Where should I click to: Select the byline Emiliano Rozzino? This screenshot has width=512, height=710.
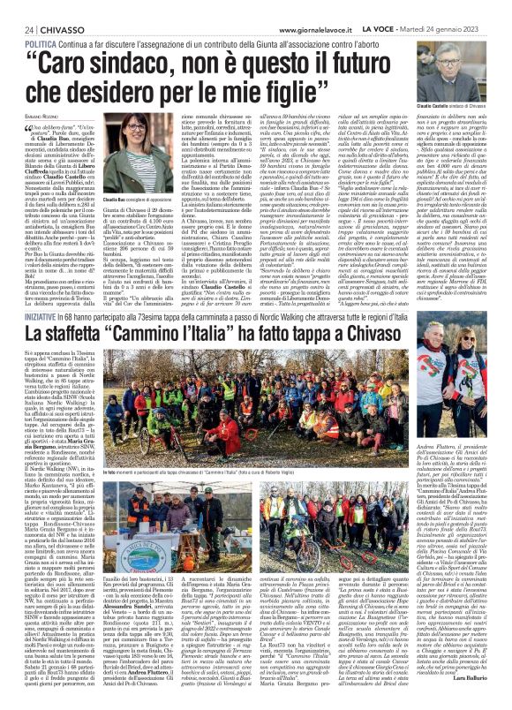coord(32,117)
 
